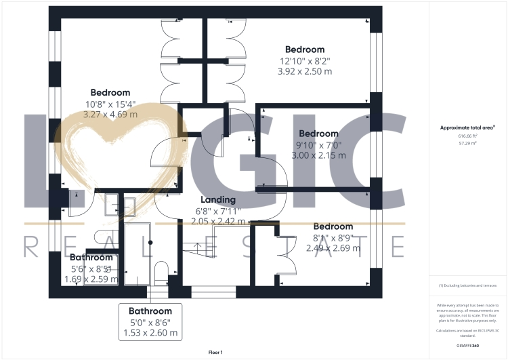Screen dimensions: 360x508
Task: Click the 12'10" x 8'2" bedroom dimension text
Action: point(304,60)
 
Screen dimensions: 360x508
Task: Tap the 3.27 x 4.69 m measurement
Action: point(110,115)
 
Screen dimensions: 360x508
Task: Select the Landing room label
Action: point(218,199)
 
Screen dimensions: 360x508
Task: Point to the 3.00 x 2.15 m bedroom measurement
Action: point(318,155)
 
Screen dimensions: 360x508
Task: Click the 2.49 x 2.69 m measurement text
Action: point(333,248)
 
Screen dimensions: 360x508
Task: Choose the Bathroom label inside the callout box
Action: point(150,311)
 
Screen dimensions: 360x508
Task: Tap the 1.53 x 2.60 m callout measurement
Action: point(150,332)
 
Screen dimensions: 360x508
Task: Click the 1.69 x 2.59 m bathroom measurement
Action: point(91,279)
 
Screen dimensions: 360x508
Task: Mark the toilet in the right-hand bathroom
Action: point(161,273)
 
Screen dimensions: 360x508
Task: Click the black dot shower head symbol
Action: point(150,242)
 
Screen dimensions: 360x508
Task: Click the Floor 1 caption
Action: point(215,352)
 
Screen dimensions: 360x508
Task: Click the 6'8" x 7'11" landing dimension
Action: point(217,210)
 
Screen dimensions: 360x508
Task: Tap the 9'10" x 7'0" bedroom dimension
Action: point(318,144)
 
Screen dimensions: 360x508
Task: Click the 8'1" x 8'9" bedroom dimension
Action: point(333,237)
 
